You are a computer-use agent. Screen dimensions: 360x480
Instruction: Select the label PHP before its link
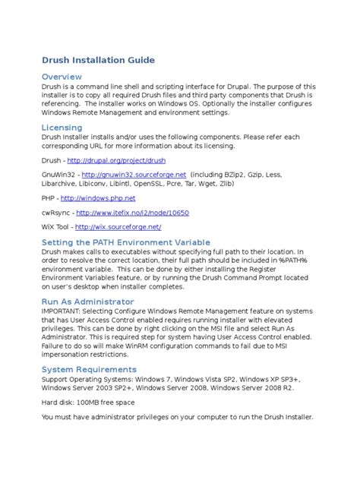(x=48, y=197)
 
